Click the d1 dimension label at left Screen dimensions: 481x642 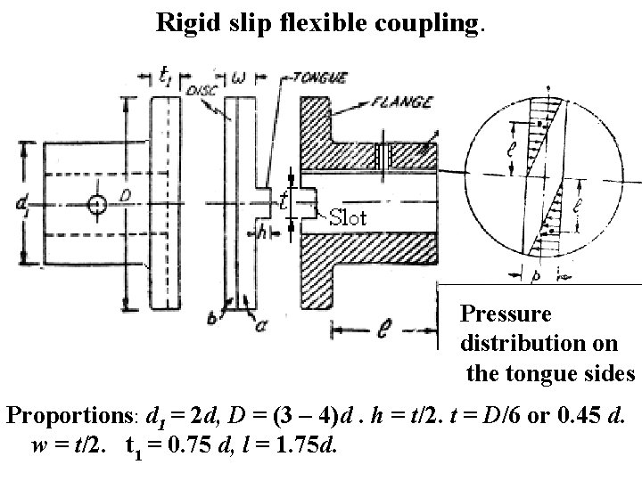coord(21,205)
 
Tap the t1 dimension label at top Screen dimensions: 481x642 coord(167,77)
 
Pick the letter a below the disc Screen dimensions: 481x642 coord(260,323)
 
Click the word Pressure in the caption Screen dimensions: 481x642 coord(506,314)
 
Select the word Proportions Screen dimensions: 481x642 coord(66,416)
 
